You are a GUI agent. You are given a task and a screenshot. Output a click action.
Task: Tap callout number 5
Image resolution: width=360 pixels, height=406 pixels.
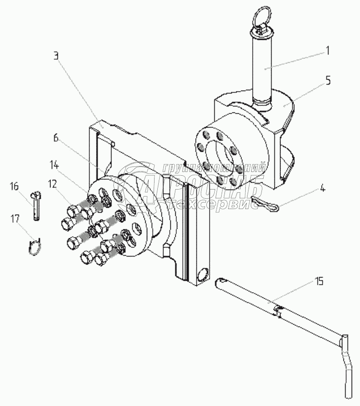click(328, 81)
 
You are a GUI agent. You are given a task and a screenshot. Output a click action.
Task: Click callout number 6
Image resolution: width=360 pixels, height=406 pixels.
click(56, 137)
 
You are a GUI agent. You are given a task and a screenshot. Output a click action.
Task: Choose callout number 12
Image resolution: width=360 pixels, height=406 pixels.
click(52, 184)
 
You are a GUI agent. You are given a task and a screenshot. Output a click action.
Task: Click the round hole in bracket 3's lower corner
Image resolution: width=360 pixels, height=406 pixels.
click(202, 277)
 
